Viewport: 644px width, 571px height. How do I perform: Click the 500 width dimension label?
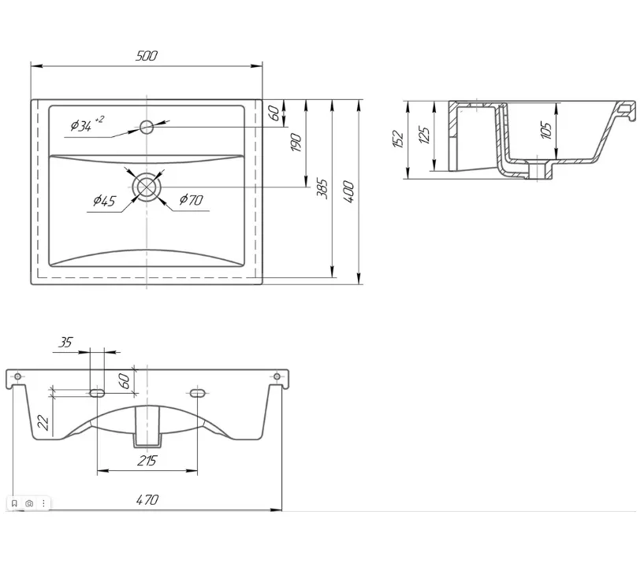(x=146, y=55)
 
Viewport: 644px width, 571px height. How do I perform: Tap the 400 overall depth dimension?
(x=348, y=191)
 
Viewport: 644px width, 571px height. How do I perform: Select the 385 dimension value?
(x=322, y=189)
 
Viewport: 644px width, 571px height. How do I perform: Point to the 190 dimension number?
(x=296, y=143)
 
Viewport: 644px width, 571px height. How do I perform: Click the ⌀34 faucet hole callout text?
(x=87, y=124)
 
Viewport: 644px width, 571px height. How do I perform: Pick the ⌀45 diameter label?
(x=104, y=201)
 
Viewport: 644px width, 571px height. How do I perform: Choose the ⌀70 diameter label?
(x=191, y=200)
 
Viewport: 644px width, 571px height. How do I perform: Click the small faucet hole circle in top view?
(x=147, y=128)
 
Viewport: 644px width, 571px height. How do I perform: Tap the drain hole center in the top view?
(x=147, y=187)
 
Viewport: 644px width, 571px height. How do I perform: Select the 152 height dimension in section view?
(x=398, y=139)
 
